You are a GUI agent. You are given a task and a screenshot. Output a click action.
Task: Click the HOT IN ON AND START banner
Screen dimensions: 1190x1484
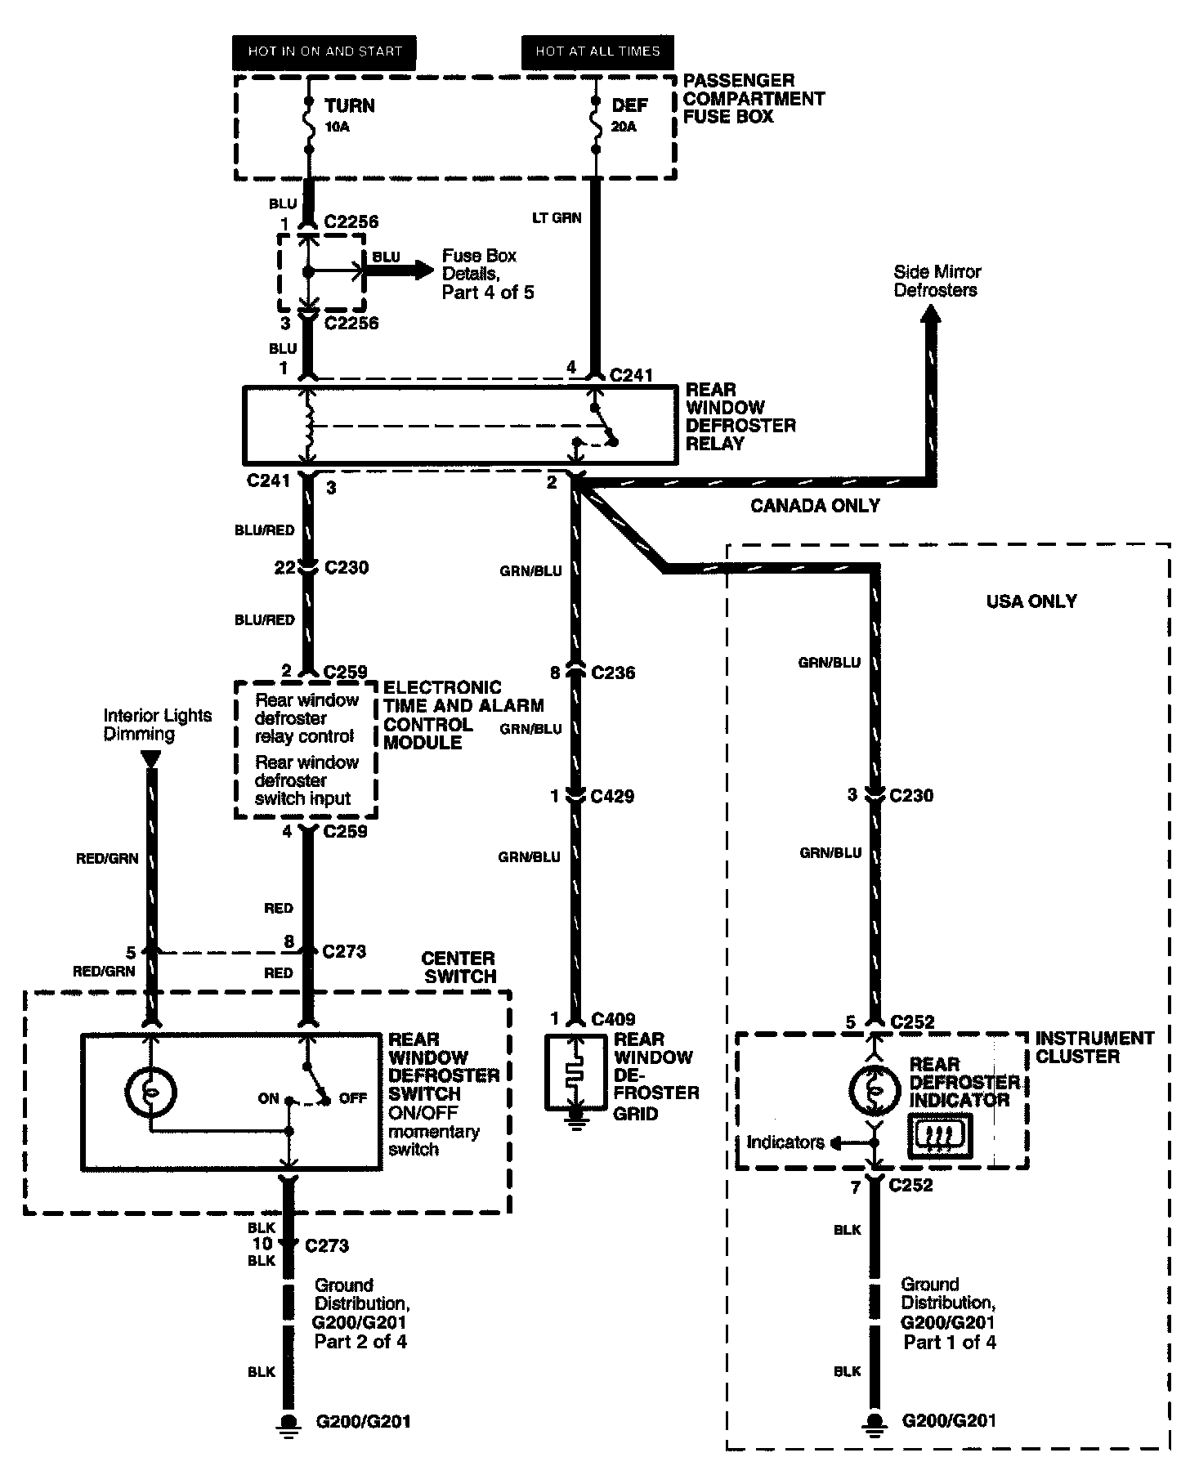[324, 51]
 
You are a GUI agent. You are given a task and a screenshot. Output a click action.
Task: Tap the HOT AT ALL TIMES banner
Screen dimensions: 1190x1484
[597, 51]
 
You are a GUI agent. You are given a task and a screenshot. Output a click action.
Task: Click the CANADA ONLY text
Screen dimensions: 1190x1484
[815, 506]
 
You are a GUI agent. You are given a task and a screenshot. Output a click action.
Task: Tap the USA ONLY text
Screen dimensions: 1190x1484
[1031, 601]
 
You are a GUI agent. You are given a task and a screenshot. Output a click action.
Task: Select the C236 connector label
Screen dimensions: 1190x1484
[613, 673]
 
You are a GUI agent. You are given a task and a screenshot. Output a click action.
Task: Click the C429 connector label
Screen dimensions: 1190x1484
[613, 796]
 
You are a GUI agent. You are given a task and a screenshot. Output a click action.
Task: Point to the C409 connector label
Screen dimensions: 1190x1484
[613, 1019]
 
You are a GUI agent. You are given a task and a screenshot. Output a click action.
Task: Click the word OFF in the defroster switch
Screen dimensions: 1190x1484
[353, 1098]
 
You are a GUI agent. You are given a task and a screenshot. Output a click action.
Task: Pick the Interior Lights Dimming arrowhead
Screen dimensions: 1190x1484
[150, 759]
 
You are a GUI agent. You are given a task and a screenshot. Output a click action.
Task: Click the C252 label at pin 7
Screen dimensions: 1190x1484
[911, 1185]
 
